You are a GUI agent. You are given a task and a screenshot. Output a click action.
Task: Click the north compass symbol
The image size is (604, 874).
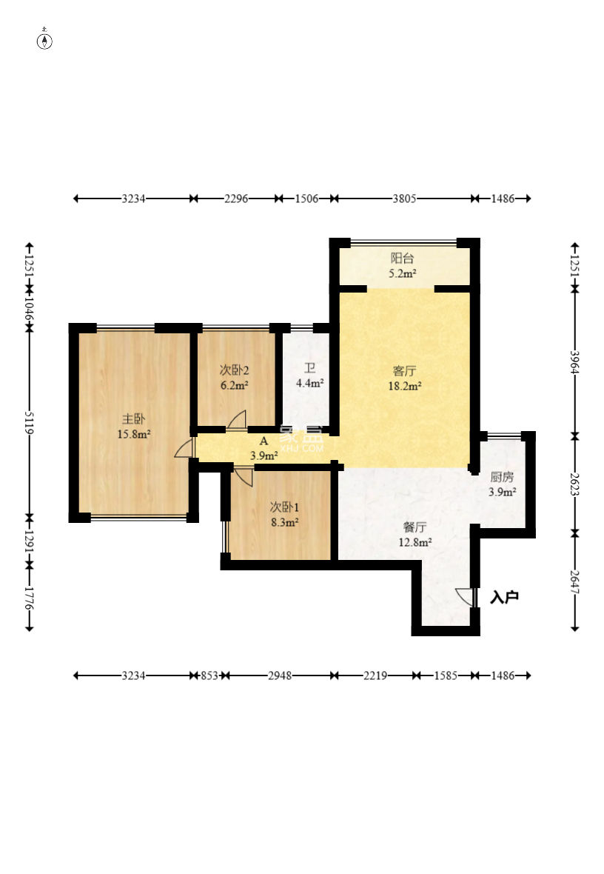click(44, 40)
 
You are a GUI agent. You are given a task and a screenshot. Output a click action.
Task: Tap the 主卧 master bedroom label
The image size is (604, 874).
click(134, 418)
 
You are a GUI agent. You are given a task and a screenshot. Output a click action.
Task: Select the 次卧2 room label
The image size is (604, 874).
click(234, 370)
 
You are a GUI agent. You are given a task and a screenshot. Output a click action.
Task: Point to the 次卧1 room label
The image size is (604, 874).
click(284, 507)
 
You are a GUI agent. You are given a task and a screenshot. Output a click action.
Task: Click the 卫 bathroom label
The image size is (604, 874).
click(310, 368)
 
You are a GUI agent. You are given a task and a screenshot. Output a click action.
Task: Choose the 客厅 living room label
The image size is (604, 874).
click(405, 370)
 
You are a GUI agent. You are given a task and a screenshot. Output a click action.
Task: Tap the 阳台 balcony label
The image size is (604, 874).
click(402, 258)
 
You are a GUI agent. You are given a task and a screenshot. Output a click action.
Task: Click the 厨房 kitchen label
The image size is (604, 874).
click(502, 476)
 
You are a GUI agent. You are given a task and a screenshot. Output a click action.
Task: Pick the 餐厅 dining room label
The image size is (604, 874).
click(415, 527)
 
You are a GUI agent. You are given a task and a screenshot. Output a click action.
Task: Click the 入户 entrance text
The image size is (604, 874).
click(504, 597)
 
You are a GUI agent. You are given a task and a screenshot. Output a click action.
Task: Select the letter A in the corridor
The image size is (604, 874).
click(264, 441)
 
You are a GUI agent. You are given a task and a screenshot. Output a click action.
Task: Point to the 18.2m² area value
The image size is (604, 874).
click(405, 386)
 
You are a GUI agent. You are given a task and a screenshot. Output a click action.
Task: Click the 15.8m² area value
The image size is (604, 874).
click(134, 434)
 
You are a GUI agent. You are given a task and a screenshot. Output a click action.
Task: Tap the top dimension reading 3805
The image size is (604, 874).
click(404, 199)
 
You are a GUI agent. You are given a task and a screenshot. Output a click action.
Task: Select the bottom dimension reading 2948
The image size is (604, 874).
click(280, 675)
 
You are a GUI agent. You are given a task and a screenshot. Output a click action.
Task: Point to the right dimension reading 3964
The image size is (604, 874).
click(575, 362)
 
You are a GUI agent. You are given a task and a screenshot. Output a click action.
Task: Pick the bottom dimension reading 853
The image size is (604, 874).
click(209, 675)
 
